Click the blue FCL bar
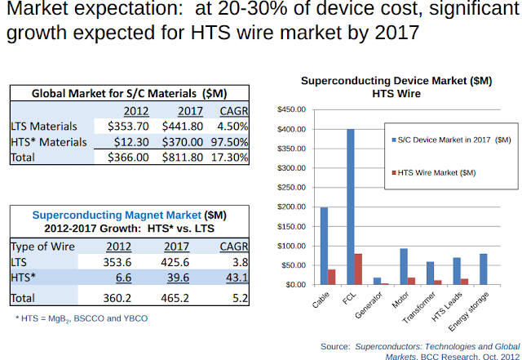tap(350, 207)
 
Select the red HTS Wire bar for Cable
tap(330, 277)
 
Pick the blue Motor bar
tap(403, 267)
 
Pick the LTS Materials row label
tap(44, 126)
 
